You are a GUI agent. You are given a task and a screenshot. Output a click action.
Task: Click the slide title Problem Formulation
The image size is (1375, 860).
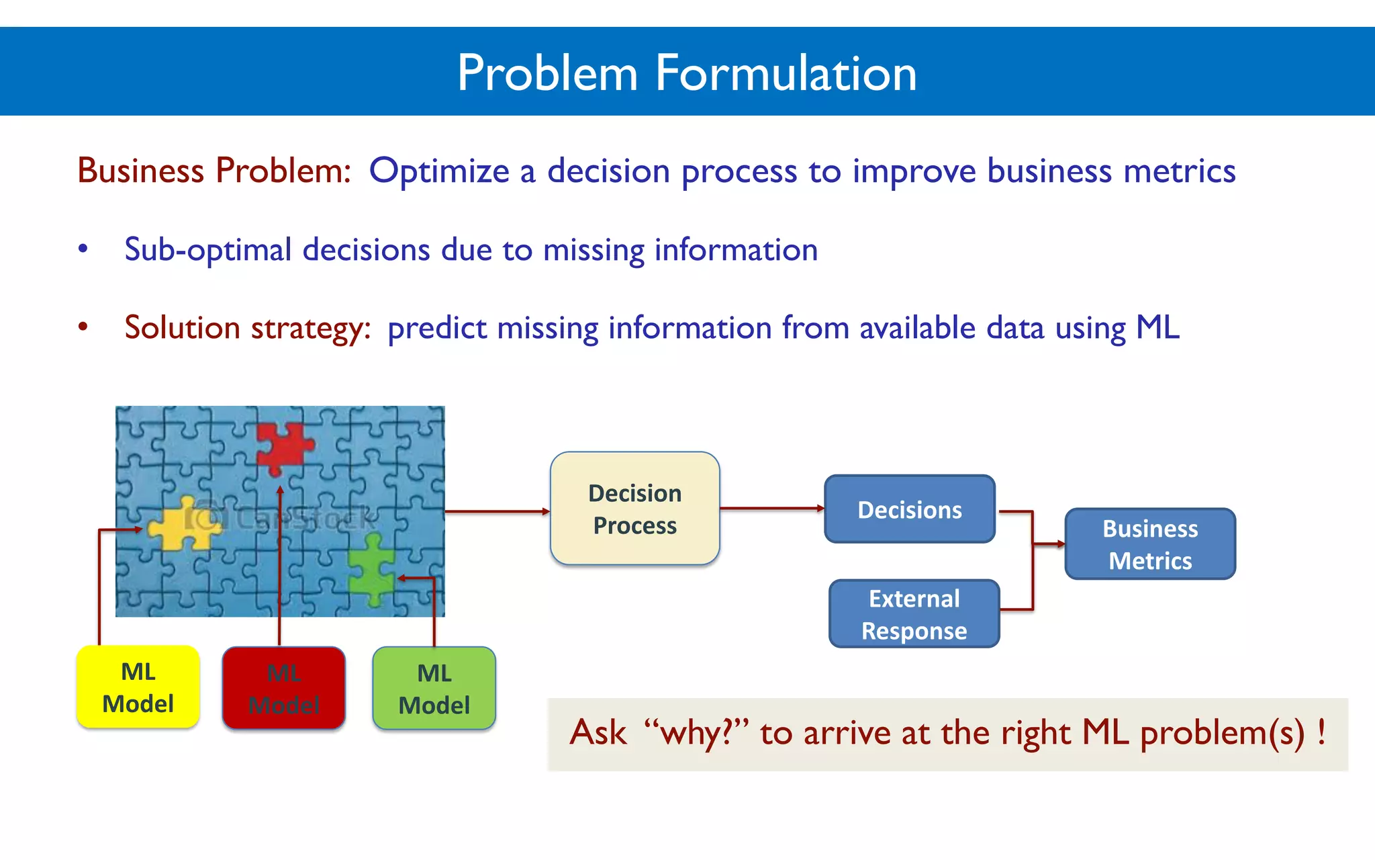(x=687, y=73)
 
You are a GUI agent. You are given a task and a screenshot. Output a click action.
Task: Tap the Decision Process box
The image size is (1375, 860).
(x=634, y=509)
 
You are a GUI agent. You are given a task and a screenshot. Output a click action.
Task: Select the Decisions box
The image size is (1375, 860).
(x=909, y=509)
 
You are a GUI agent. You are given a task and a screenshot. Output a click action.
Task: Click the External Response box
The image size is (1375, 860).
(x=914, y=614)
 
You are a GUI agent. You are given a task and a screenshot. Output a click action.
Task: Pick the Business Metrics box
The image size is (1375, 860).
(x=1149, y=544)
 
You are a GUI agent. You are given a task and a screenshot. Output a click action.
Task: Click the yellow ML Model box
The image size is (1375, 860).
(x=138, y=687)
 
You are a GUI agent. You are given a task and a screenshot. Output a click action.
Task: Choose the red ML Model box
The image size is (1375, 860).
(x=283, y=688)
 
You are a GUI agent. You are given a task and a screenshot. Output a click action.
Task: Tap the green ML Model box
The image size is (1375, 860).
(x=434, y=688)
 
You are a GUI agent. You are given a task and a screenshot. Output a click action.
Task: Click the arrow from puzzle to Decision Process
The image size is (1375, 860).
(x=497, y=512)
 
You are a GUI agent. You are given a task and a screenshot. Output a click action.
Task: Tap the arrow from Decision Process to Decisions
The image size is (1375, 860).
(x=772, y=509)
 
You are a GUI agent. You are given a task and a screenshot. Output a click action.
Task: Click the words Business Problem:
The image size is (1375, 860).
(x=214, y=171)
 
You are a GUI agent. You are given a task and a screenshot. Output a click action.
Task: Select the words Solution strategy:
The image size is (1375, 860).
(x=248, y=328)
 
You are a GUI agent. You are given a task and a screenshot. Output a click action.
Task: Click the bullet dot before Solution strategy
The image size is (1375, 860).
(x=83, y=327)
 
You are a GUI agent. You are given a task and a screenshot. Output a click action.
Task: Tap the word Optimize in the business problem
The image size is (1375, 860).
(x=439, y=171)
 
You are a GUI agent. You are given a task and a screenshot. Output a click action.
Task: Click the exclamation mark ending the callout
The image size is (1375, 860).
(x=1321, y=731)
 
